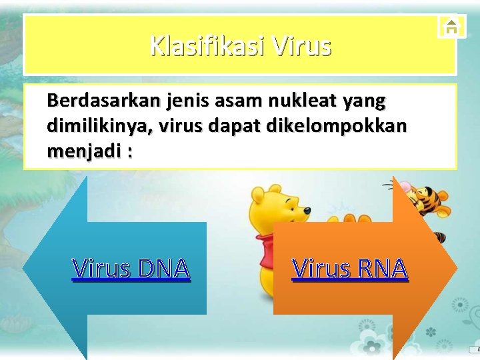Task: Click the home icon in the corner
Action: coord(452,26)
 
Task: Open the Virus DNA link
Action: coord(131,268)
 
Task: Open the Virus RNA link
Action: coord(350,268)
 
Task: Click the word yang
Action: coord(363,101)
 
